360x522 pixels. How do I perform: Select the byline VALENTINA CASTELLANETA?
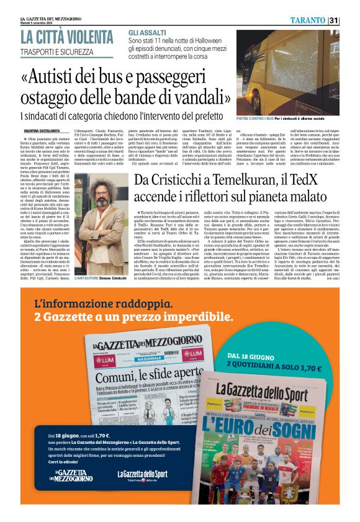[x=42, y=131]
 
